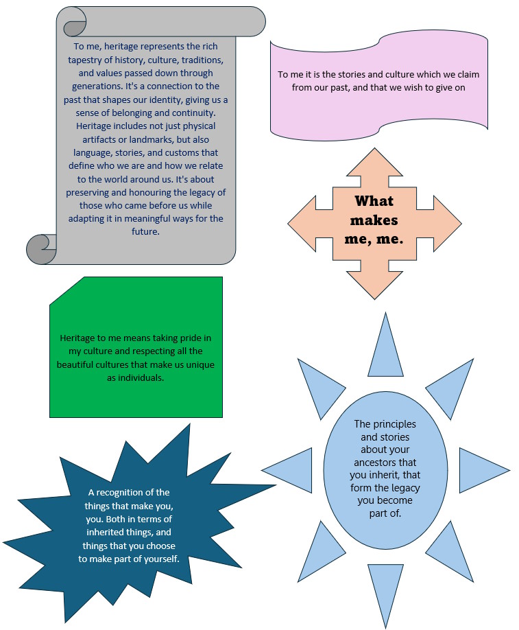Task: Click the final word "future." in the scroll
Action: (145, 231)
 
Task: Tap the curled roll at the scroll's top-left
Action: (75, 22)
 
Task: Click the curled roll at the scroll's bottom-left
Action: (42, 249)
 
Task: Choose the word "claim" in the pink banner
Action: (468, 74)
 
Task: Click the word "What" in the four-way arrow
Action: (374, 201)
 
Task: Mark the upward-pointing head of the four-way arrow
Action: (374, 162)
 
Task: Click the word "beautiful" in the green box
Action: (75, 365)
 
